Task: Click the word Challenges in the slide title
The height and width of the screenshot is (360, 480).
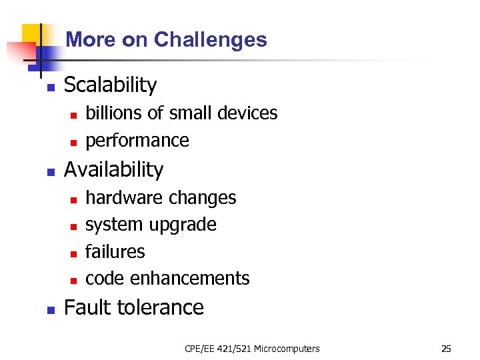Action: coord(211,40)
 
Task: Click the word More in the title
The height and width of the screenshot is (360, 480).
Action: coord(91,40)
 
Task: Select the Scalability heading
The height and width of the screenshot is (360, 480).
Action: coord(110,85)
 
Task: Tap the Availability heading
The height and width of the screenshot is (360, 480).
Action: coord(113,170)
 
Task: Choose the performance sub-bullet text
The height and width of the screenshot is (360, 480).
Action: coord(137,141)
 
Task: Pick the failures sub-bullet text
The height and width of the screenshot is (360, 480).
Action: coord(115,251)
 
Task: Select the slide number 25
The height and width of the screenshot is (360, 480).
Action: coord(446,349)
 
